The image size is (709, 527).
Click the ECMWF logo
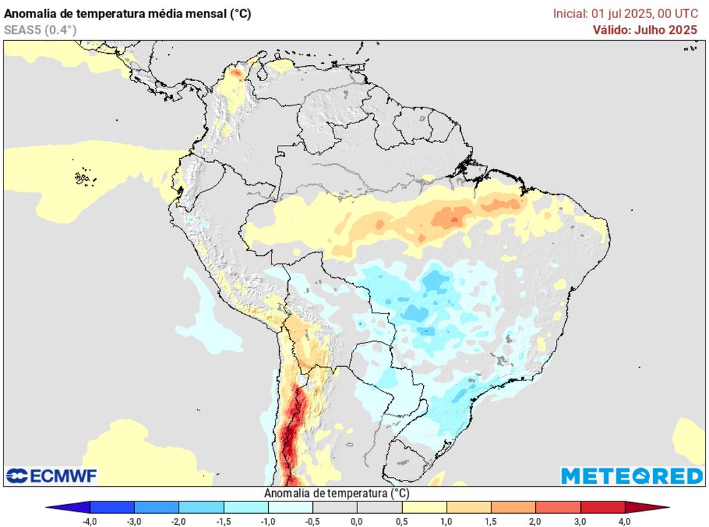click(52, 476)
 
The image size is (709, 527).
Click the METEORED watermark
click(631, 476)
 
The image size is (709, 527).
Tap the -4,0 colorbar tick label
click(89, 521)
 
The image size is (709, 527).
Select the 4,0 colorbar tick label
click(625, 521)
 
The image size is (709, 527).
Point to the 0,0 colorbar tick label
click(357, 521)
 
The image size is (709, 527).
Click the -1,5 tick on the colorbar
click(223, 521)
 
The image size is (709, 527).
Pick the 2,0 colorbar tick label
click(535, 521)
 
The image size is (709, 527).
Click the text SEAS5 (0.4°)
click(40, 30)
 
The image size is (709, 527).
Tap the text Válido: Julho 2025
click(645, 30)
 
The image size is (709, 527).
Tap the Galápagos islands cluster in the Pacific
click(84, 178)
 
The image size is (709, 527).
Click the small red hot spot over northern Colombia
click(236, 72)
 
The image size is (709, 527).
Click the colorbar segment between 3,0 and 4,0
click(602, 507)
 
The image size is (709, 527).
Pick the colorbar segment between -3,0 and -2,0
click(156, 507)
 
